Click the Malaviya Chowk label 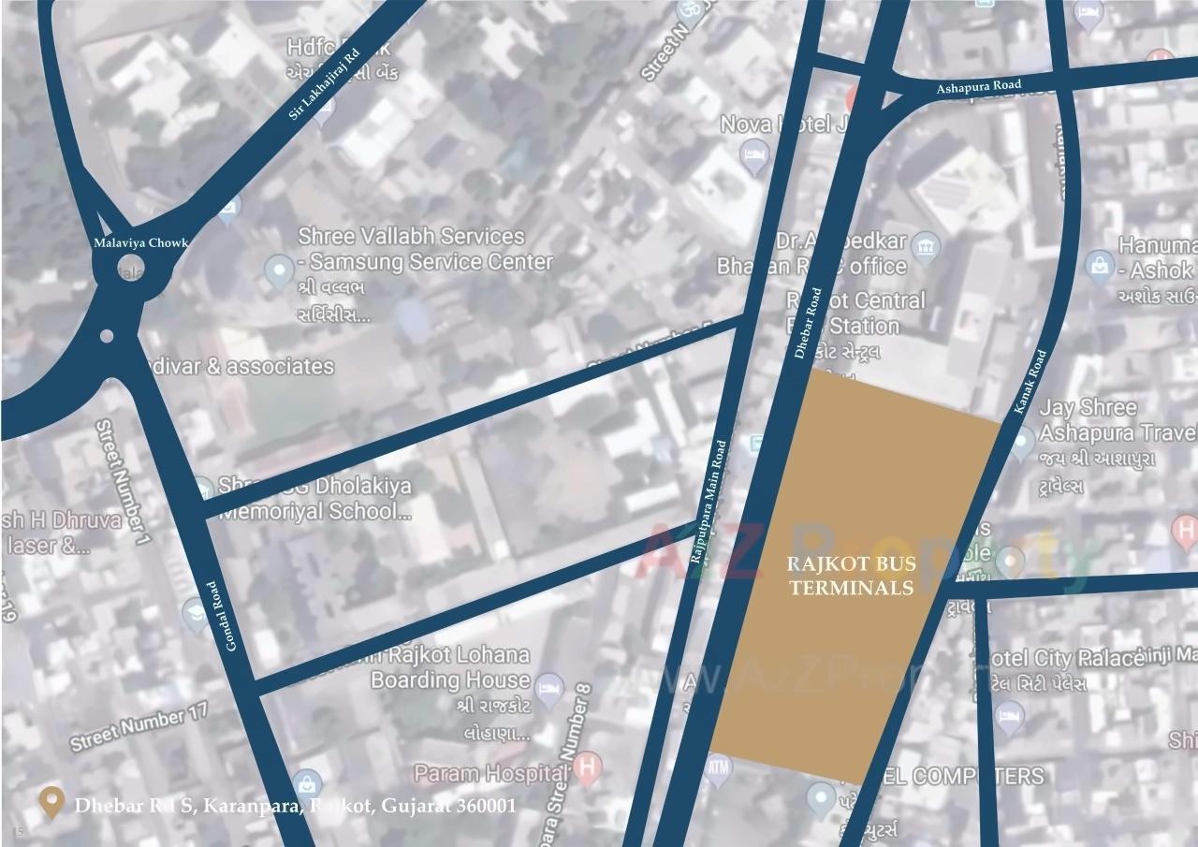coord(140,242)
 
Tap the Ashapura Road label coord(979,86)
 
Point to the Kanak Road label coord(1030,382)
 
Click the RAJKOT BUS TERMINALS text coord(851,576)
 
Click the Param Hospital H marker coord(587,769)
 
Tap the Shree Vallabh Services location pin coord(278,271)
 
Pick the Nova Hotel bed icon coord(752,153)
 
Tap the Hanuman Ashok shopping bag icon coord(1099,266)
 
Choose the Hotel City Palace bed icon coord(1008,717)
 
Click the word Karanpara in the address coord(249,806)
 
